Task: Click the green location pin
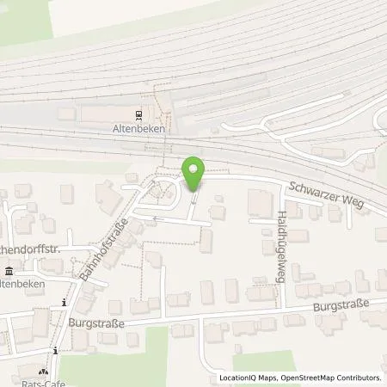pos(193,175)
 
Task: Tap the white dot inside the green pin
pos(193,170)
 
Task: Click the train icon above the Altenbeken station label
pos(138,114)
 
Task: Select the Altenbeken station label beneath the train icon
pos(138,126)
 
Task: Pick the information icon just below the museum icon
pos(64,303)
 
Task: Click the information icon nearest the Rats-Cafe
pos(55,350)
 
